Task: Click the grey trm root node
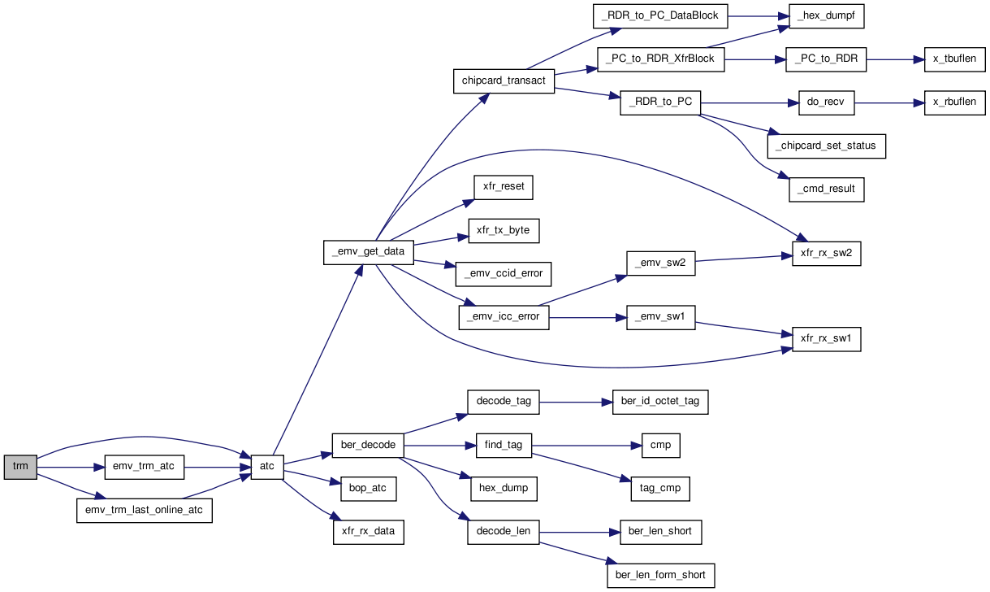click(20, 467)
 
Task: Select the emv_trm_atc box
click(144, 467)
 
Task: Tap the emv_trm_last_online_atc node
click(144, 511)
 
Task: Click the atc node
click(267, 467)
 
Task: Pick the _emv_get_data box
click(368, 253)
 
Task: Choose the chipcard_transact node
click(504, 81)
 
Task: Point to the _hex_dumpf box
click(826, 16)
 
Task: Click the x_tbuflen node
click(954, 59)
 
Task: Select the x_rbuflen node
click(954, 102)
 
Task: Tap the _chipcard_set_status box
click(826, 146)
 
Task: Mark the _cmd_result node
click(826, 189)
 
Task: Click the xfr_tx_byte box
click(504, 230)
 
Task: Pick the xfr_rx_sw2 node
click(826, 254)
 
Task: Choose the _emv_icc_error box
click(504, 317)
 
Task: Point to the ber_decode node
click(368, 446)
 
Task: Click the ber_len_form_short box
click(660, 576)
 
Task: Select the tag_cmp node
click(659, 489)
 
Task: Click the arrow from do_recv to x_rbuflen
click(889, 103)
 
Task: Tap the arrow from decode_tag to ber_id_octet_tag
click(576, 403)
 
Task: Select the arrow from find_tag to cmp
click(586, 446)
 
